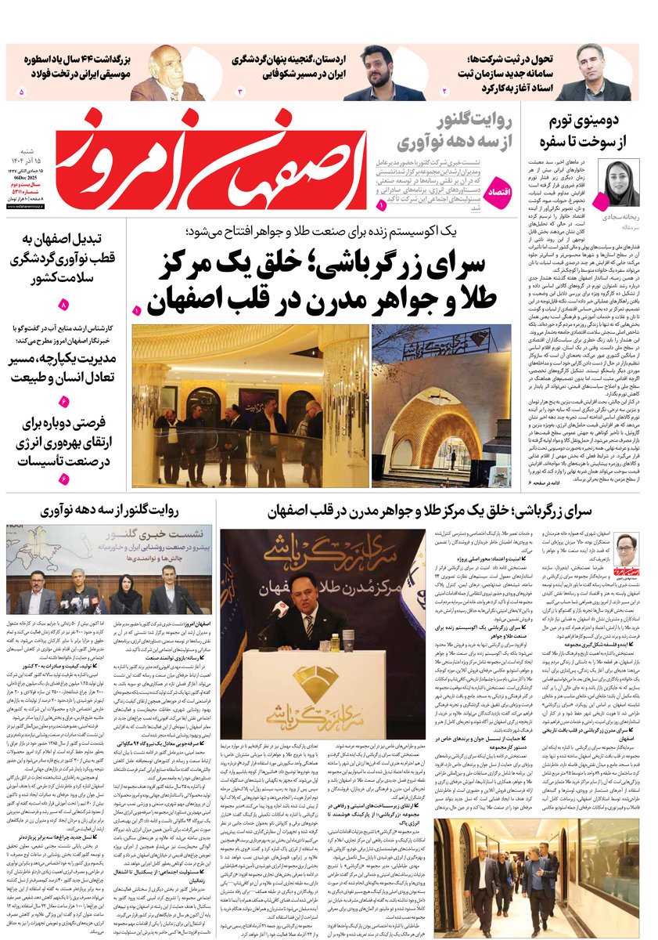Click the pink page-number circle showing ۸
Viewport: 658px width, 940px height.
point(63,305)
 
